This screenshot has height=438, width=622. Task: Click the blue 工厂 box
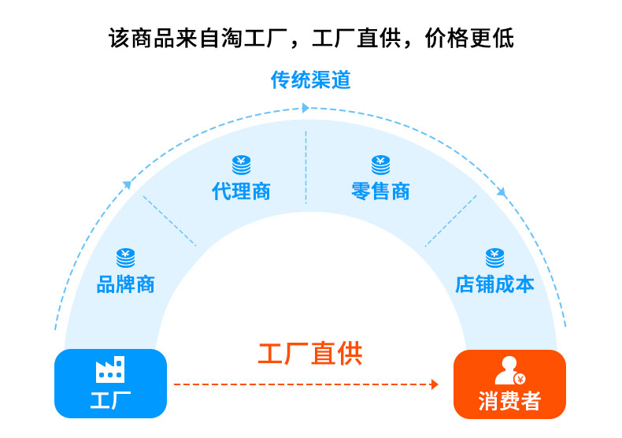tap(110, 384)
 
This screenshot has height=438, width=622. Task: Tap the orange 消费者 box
tap(509, 384)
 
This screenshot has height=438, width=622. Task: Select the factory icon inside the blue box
tap(110, 369)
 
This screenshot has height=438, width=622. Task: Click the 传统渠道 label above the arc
tap(310, 80)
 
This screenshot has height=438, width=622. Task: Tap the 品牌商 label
tap(125, 284)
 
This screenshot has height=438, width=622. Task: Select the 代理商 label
tap(241, 191)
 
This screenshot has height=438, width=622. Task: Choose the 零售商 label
tap(380, 191)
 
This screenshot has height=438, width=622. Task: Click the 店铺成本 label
tap(494, 284)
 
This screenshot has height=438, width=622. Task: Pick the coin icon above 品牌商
tap(125, 257)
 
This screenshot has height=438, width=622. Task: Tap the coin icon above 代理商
tap(241, 165)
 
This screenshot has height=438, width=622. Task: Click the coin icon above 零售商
tap(380, 165)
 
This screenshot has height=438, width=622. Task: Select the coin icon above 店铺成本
tap(494, 257)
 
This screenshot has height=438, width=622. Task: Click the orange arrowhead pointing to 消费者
tap(434, 384)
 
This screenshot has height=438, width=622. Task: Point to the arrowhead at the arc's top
tap(305, 106)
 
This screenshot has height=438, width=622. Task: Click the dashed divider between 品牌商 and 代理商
tap(169, 221)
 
